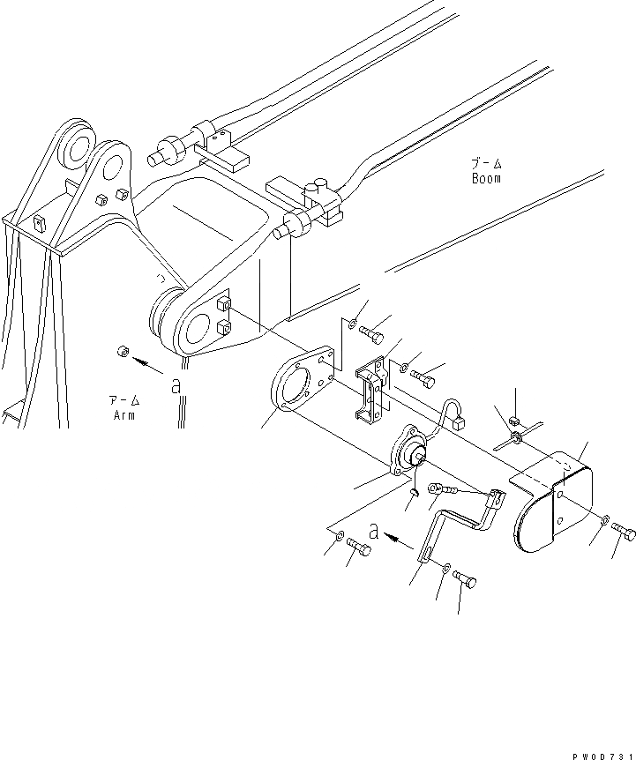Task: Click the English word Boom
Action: [485, 179]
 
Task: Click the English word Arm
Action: [123, 415]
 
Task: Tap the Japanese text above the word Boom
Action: [485, 164]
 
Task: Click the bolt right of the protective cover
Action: [624, 533]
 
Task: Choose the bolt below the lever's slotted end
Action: [465, 579]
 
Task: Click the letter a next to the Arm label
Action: [176, 384]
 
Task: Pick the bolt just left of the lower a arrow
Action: [358, 547]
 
